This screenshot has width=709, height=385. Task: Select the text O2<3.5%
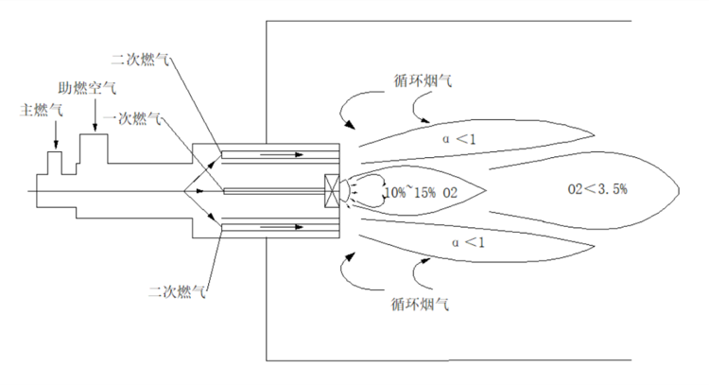tap(597, 188)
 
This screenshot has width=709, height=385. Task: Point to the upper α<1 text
tap(463, 138)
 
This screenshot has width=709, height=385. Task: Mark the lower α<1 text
tap(463, 243)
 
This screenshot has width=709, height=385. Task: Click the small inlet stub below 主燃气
tap(56, 161)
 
